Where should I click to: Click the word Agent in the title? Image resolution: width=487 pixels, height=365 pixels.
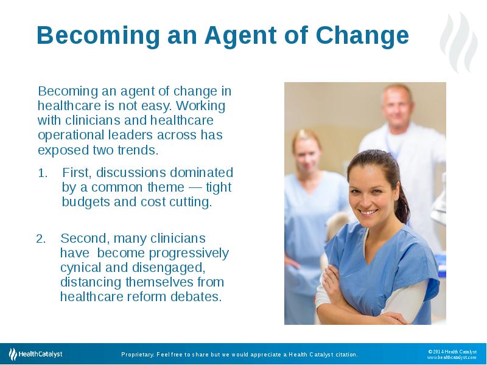pyautogui.click(x=240, y=36)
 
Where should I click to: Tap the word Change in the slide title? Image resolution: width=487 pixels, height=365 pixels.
pyautogui.click(x=362, y=35)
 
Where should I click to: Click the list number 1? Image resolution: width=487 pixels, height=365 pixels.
pyautogui.click(x=43, y=173)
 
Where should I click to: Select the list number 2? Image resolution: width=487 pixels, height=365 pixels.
pyautogui.click(x=41, y=239)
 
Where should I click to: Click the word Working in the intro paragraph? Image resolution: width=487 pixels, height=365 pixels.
pyautogui.click(x=201, y=105)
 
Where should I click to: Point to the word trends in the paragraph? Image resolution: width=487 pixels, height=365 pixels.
pyautogui.click(x=138, y=150)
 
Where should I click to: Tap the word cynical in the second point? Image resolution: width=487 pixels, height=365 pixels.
pyautogui.click(x=81, y=268)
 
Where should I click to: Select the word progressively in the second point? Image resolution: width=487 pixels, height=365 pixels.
pyautogui.click(x=189, y=254)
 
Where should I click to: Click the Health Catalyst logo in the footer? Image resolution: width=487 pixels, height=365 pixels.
pyautogui.click(x=35, y=354)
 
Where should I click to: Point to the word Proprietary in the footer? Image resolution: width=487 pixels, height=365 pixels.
pyautogui.click(x=138, y=355)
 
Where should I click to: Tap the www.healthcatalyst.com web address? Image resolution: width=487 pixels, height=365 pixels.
pyautogui.click(x=452, y=358)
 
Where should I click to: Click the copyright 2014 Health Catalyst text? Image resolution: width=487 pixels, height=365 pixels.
pyautogui.click(x=452, y=352)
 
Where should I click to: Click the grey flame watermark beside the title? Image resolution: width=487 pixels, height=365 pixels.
pyautogui.click(x=459, y=42)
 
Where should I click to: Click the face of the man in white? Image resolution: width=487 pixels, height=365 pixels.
pyautogui.click(x=397, y=105)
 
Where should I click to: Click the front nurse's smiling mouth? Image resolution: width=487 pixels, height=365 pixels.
pyautogui.click(x=368, y=212)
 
